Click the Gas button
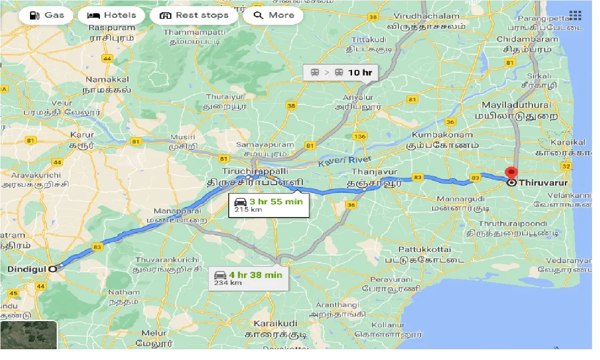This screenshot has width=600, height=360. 46,15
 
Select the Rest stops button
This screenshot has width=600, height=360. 194,15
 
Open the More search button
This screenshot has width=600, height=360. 273,15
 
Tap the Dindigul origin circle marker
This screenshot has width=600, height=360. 53,269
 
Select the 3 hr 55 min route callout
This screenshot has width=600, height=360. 269,204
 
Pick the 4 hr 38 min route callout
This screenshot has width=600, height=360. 248,277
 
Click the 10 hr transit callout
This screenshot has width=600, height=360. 341,73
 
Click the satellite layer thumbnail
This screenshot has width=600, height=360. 29,335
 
